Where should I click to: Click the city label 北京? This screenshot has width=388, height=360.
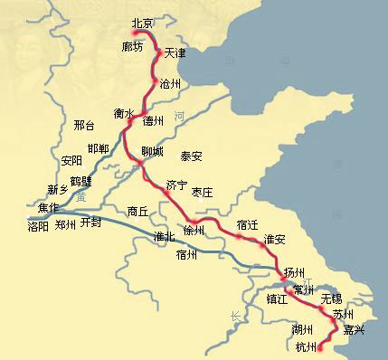(x=142, y=24)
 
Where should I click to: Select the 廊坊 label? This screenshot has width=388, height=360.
(x=132, y=46)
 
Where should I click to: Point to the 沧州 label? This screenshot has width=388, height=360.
(x=170, y=84)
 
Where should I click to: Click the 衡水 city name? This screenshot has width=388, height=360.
(x=125, y=115)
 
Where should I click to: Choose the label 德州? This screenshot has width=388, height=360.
(x=154, y=120)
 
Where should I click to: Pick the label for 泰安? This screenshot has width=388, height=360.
(x=192, y=156)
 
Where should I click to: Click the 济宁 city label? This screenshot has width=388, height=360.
(x=176, y=185)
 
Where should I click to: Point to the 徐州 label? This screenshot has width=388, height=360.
(x=194, y=232)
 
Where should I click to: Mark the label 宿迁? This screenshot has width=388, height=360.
(x=247, y=223)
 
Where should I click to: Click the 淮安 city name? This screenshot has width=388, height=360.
(x=274, y=241)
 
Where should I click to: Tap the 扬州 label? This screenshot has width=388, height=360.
(x=295, y=271)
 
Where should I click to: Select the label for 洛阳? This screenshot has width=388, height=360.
(x=40, y=227)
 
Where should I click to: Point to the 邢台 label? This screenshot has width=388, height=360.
(x=83, y=128)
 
